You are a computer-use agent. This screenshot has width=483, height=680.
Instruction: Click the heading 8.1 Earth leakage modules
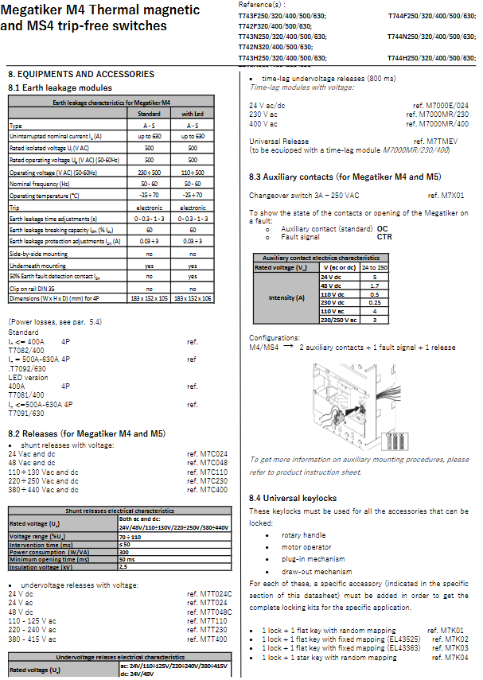(x=60, y=87)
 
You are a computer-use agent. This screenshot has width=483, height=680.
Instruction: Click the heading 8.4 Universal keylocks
(x=293, y=498)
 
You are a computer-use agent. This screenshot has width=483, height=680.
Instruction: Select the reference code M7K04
(x=455, y=658)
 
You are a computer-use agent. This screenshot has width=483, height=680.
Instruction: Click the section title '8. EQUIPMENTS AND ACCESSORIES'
(x=81, y=74)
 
